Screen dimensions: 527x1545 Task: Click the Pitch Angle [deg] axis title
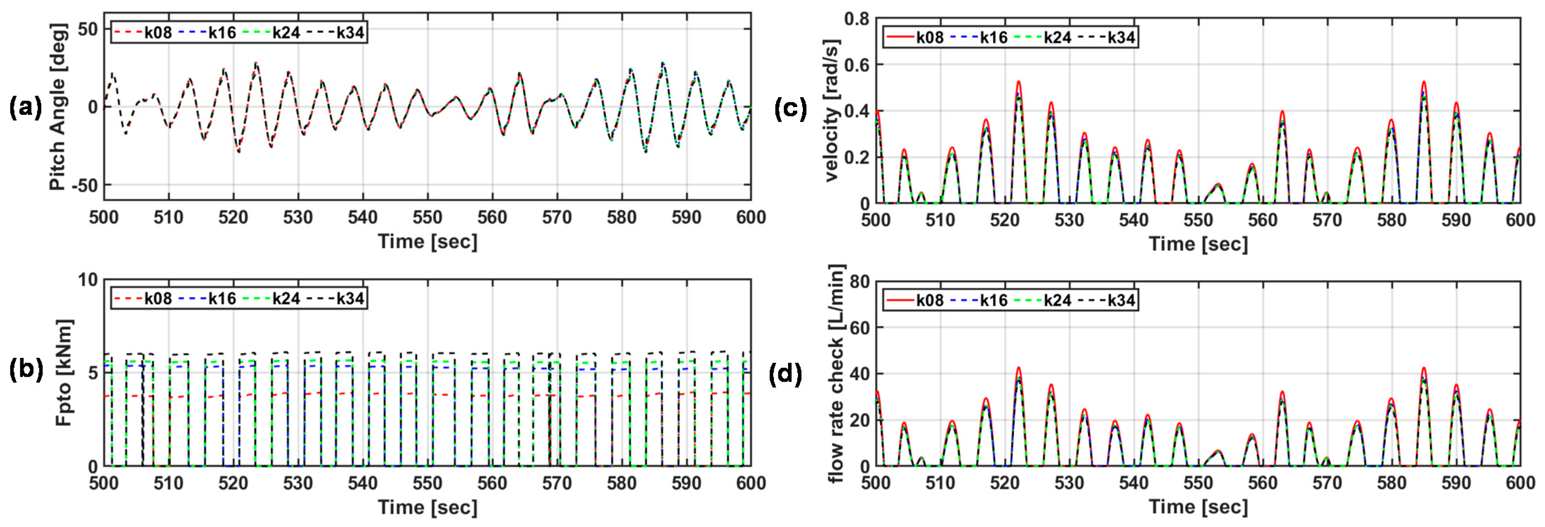[58, 107]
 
